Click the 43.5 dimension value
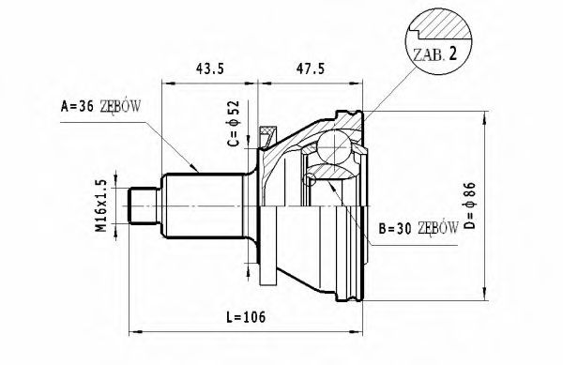click(209, 68)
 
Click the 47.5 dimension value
click(310, 68)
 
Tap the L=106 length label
click(246, 317)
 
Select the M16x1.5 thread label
click(102, 205)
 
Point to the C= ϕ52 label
click(234, 123)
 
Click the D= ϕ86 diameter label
click(470, 205)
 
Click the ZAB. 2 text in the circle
click(435, 54)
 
